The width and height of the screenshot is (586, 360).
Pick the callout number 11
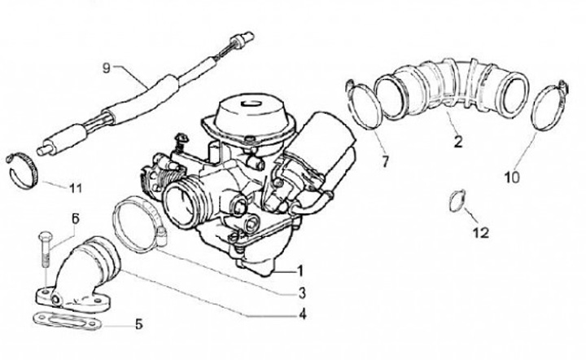click(76, 189)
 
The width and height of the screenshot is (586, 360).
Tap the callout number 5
click(138, 323)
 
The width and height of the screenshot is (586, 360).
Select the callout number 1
click(300, 270)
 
